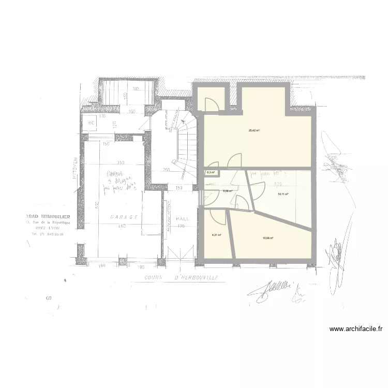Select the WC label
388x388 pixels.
[x=91, y=123]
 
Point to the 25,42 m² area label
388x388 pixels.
[x=253, y=130]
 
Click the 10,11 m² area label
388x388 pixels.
[x=283, y=195]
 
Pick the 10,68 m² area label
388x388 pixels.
[x=267, y=238]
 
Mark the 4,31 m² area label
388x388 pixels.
[x=216, y=234]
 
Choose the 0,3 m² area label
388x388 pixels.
[x=211, y=172]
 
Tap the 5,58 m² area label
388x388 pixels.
[x=227, y=191]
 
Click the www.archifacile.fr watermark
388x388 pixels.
[x=356, y=329]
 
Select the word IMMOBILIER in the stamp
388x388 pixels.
[x=55, y=216]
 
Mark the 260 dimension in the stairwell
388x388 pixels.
[x=167, y=170]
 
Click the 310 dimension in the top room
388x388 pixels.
[x=135, y=89]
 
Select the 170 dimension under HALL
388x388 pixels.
[x=181, y=226]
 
